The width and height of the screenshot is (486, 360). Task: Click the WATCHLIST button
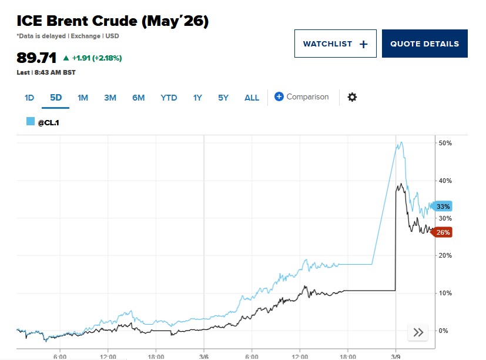pos(335,44)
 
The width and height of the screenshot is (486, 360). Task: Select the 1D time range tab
pos(29,98)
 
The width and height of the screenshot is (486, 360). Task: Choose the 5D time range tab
pos(56,98)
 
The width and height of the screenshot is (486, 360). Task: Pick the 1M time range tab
pos(83,98)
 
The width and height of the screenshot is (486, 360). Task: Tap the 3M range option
pos(110,98)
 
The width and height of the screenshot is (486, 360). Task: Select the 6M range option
pos(138,98)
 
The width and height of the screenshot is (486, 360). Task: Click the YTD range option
pos(169,98)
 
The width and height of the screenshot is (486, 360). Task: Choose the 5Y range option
pos(223,98)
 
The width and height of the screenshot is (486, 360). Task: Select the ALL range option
pos(252,98)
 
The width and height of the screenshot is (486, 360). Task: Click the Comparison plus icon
pos(279,97)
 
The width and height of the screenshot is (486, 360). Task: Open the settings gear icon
pos(352,97)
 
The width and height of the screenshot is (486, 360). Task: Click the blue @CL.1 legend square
pos(31,121)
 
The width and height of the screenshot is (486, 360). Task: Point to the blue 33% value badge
pos(443,206)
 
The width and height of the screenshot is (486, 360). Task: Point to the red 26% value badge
pos(443,232)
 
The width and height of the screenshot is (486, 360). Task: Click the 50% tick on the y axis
pos(444,143)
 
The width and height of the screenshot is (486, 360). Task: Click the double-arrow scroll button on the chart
pos(418,332)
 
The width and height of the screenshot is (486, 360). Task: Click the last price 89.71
pos(36,58)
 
